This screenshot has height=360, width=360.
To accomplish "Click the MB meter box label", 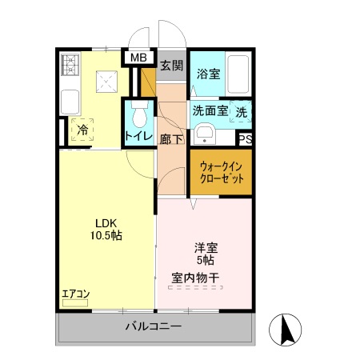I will click(138, 58).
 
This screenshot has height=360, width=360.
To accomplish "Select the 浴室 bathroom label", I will click(210, 73).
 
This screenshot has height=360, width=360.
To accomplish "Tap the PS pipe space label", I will click(246, 138).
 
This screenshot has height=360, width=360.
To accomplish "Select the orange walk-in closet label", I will click(221, 172).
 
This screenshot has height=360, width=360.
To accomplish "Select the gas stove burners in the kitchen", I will click(70, 64).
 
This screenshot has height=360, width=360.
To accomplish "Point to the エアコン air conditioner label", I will click(76, 294).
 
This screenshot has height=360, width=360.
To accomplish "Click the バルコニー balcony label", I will click(153, 327).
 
